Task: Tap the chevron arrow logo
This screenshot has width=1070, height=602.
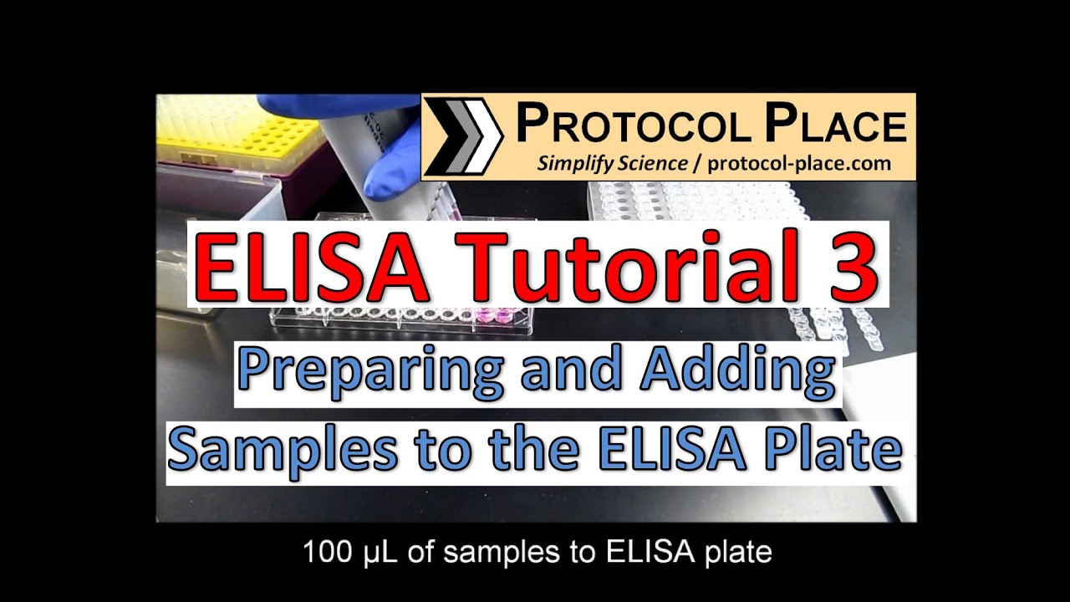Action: pyautogui.click(x=463, y=136)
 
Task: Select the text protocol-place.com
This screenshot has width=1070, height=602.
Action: pyautogui.click(x=798, y=163)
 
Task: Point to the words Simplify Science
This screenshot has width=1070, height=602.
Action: pyautogui.click(x=613, y=163)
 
